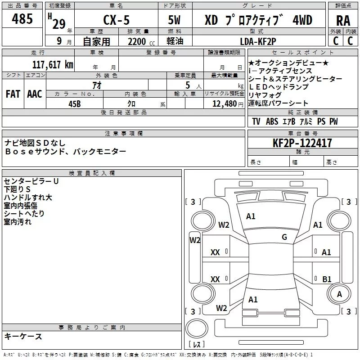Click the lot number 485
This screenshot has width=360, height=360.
coord(22,18)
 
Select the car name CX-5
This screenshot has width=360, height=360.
coord(117,20)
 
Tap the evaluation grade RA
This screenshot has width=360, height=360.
coord(343,21)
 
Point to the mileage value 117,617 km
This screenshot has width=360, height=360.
coord(53,64)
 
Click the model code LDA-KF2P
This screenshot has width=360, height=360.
coord(258,41)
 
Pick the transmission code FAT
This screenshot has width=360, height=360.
coord(13,94)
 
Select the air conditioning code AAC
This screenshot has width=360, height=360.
coord(35,94)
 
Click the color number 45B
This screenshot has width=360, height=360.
coord(75,104)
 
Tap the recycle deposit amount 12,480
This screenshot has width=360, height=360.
coord(225,104)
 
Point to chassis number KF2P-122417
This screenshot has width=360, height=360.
coord(302,143)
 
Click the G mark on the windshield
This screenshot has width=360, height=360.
coord(284,237)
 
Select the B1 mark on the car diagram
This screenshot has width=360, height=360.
coord(327,279)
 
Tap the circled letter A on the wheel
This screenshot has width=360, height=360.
coord(339,294)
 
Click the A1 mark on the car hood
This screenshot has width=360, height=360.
coord(251,216)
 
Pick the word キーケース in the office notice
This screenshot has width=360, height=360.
coord(23,336)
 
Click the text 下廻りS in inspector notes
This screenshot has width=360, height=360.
coord(17,189)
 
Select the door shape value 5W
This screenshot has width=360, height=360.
coord(175,20)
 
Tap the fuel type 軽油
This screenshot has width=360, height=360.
coord(175,41)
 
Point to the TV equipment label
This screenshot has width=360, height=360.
coord(256,121)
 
